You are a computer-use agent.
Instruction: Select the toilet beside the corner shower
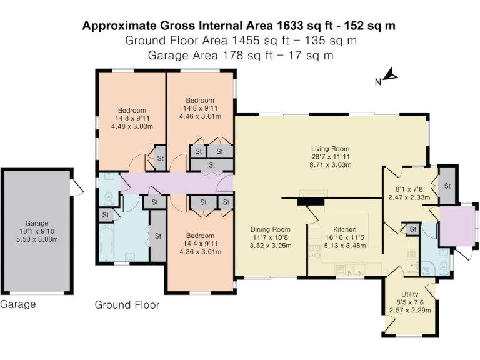click(x=443, y=268)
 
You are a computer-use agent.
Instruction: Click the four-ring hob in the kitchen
click(x=314, y=253)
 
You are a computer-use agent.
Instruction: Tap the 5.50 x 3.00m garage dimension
click(x=37, y=239)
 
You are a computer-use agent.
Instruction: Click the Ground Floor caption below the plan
click(x=127, y=305)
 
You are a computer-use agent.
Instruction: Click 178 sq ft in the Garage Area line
click(x=239, y=55)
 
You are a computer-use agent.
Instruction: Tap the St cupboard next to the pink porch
click(x=447, y=186)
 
